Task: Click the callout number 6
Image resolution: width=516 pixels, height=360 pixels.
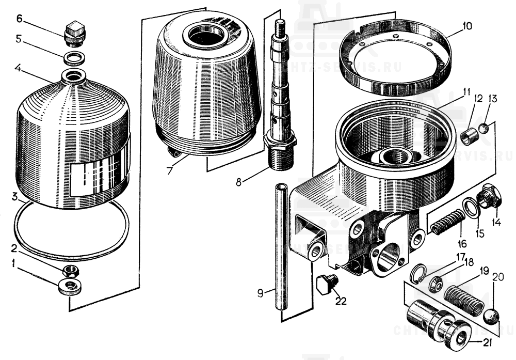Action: [20, 19]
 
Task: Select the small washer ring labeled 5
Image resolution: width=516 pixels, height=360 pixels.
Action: [75, 56]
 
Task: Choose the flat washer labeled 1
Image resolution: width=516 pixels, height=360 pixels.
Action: [70, 286]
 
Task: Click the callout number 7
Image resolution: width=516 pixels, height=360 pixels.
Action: [170, 170]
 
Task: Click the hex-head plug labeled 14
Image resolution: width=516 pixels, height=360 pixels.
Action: [488, 199]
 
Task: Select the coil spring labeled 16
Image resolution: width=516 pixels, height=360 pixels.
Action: [447, 223]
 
